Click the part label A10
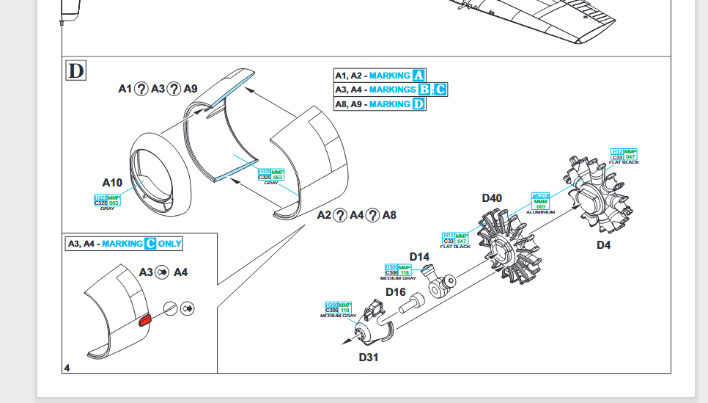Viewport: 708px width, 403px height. click(113, 182)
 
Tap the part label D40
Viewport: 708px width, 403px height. click(492, 197)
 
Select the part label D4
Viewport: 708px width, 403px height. click(603, 245)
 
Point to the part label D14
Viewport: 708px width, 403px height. click(419, 256)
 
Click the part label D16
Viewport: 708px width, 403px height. click(396, 291)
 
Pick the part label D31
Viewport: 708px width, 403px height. click(368, 357)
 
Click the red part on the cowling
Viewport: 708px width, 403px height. click(144, 319)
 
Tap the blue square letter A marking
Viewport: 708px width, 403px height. click(418, 76)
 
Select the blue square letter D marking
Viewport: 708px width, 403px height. click(418, 104)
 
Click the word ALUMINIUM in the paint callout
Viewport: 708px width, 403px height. click(540, 212)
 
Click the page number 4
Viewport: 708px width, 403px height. click(67, 368)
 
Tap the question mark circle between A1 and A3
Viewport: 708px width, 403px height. click(141, 89)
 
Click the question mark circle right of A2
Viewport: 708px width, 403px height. click(340, 215)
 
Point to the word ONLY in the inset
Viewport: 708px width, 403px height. click(170, 243)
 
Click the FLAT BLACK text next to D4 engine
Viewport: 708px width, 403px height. click(624, 162)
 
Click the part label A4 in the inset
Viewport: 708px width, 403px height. click(180, 272)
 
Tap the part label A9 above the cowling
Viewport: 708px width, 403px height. click(191, 89)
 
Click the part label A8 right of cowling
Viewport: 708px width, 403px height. click(389, 215)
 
